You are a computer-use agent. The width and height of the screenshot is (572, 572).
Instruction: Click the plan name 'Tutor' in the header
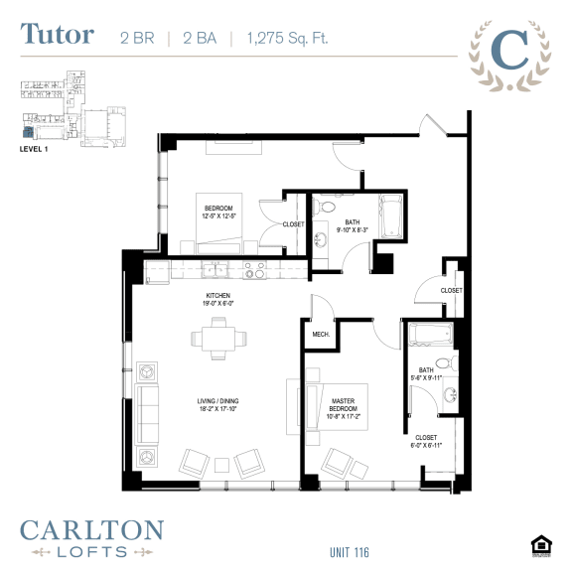pos(57,35)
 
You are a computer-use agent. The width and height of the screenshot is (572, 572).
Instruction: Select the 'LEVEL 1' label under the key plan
pos(34,148)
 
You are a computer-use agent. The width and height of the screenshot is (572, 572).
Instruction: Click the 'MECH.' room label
pos(320,335)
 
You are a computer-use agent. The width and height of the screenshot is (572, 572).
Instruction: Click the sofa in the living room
pos(148,414)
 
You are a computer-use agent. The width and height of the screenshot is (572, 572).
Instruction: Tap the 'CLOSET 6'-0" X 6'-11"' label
pos(424,440)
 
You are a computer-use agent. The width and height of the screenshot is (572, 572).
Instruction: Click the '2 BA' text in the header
pos(199,38)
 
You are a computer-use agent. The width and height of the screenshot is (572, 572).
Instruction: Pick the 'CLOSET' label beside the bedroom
pos(293,224)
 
